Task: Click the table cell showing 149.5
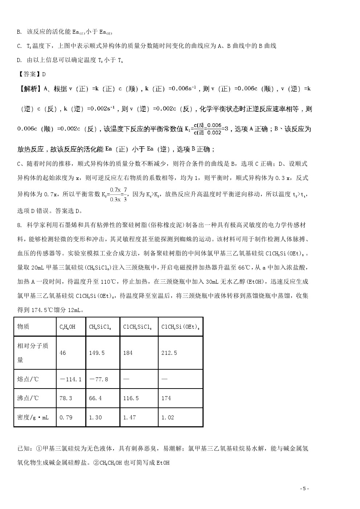point(95,353)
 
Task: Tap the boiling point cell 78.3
point(66,398)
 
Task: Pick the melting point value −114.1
point(71,379)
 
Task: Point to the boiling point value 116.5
point(131,398)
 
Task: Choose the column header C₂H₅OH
point(67,327)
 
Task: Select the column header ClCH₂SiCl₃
point(138,327)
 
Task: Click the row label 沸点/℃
point(28,398)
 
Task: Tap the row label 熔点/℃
point(28,379)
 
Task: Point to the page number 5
point(304,488)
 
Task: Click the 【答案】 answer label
point(29,74)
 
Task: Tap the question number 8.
point(19,225)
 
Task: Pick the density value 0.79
point(66,417)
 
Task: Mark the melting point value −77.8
point(98,379)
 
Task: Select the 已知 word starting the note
point(23,448)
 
